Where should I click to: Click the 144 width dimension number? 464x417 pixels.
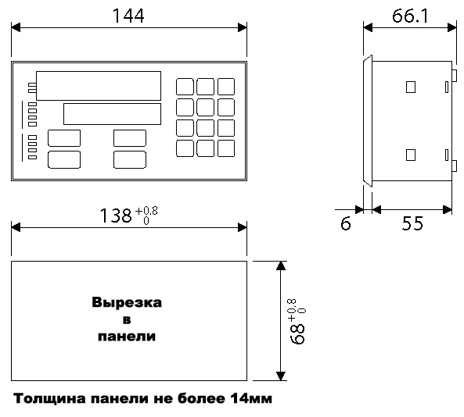tap(128, 16)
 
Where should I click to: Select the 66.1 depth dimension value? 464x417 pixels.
tap(410, 16)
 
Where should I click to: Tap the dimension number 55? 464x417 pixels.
tap(412, 223)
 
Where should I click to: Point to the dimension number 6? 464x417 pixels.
tap(346, 223)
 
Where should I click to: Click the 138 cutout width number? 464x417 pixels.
tap(116, 216)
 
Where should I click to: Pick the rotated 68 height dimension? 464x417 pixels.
tap(297, 333)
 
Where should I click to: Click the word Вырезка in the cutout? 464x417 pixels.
tap(127, 302)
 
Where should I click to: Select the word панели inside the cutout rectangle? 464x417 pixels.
tap(127, 337)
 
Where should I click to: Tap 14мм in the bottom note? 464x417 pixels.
tap(251, 398)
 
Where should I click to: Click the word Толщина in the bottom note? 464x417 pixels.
tap(50, 399)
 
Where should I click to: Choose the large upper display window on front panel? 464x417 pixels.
tap(99, 86)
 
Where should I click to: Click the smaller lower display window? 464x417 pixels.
tap(112, 114)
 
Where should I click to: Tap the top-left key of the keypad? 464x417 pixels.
tap(185, 87)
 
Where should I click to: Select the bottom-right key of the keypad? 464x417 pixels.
tap(226, 148)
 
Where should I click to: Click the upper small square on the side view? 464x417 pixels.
tap(411, 87)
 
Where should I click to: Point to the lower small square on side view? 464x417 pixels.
tap(411, 155)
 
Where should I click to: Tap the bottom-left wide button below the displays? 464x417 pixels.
tap(64, 160)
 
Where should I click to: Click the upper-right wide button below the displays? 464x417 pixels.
tap(130, 138)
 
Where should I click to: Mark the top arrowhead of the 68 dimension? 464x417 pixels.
tap(281, 266)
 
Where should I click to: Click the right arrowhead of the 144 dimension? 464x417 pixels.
tap(243, 28)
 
